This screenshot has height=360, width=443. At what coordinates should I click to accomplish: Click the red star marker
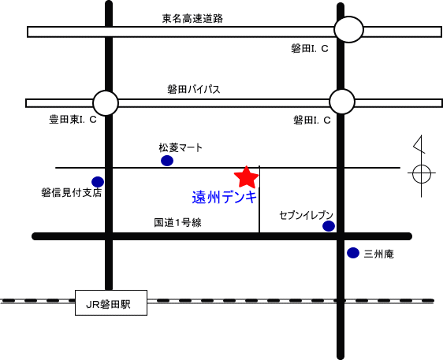[247, 177]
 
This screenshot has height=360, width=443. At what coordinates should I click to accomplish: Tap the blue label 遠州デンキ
[225, 197]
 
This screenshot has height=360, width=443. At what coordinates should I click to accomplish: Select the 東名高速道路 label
[192, 19]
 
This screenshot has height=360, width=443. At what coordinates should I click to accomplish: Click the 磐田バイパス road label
[194, 90]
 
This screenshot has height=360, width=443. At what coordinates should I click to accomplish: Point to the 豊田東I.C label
[73, 120]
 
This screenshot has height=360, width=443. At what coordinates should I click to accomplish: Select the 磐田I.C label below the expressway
[310, 49]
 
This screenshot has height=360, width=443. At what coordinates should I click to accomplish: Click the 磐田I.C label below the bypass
[312, 121]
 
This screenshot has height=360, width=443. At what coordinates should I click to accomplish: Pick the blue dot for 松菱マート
[167, 161]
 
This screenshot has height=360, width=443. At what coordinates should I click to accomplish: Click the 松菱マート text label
[181, 147]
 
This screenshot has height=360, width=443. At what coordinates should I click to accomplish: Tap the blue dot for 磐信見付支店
[98, 182]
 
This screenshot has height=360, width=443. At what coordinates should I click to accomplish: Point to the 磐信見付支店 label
[72, 193]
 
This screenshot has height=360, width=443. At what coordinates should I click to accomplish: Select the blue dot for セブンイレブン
[329, 226]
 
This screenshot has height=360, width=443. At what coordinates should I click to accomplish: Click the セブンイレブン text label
[307, 215]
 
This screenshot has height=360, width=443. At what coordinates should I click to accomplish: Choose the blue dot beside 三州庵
[353, 253]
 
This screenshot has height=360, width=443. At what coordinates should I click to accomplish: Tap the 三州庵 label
[378, 254]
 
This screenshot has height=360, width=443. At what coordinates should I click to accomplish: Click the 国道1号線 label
[177, 222]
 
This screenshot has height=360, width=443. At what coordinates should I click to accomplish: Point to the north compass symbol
[421, 166]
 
